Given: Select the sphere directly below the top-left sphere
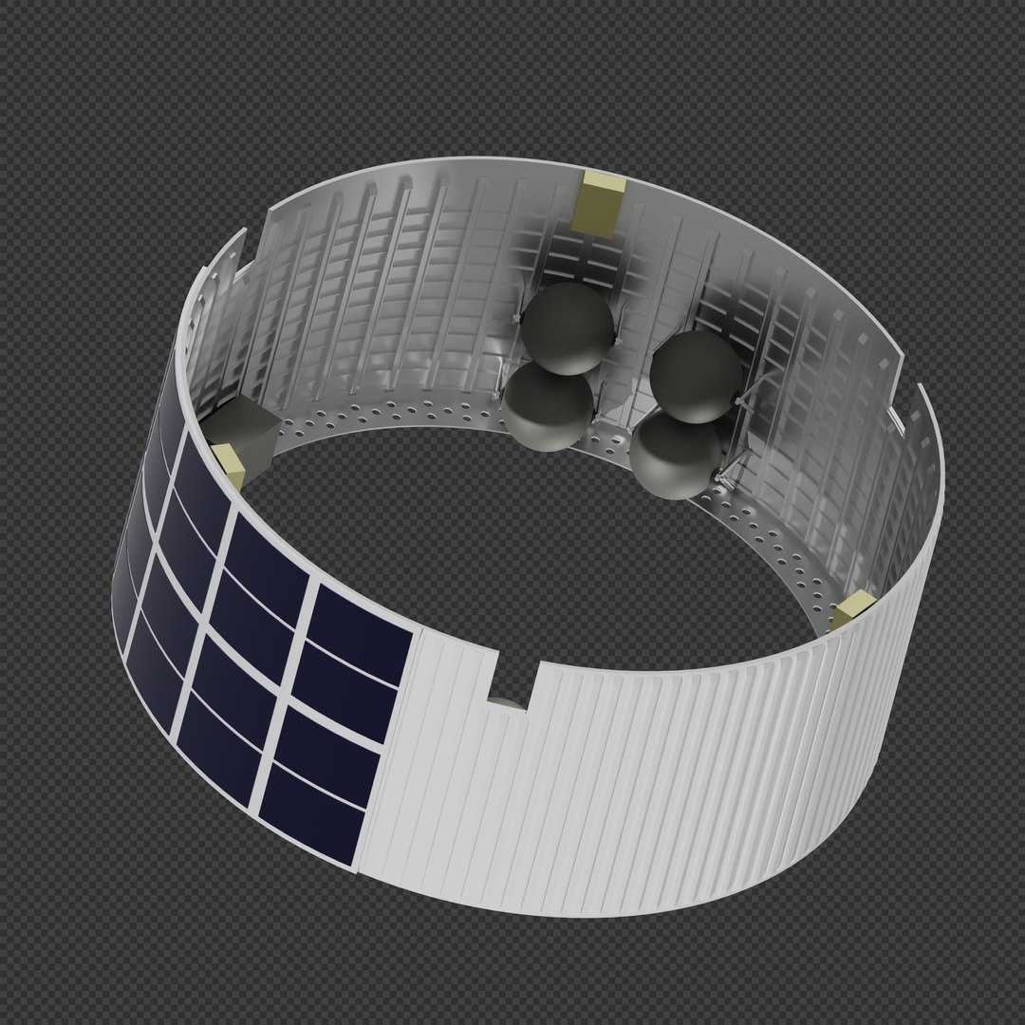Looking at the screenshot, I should [x=547, y=406].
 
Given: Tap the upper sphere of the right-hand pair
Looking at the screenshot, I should [x=698, y=376].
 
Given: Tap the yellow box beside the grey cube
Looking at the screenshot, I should [x=231, y=462].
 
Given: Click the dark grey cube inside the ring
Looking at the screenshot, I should [x=242, y=427].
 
